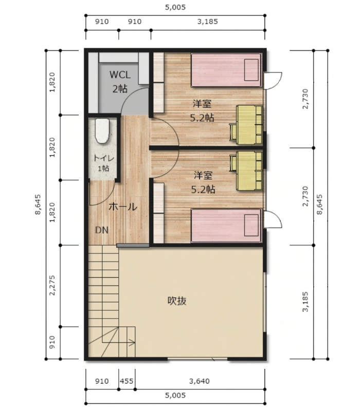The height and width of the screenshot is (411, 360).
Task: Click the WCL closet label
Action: tap(120, 74)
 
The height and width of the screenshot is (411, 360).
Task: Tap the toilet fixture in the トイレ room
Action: tap(102, 131)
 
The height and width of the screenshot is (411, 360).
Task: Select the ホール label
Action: tap(123, 207)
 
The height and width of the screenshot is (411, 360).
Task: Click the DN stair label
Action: tap(101, 230)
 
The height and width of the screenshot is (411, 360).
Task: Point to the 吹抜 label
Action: tap(177, 301)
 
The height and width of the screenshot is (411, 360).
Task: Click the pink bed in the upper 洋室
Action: tap(226, 70)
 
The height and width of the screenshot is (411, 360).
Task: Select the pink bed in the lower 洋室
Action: tap(226, 226)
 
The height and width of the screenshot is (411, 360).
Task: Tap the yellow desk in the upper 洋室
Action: tap(246, 125)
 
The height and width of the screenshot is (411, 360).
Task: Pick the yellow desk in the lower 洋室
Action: tap(246, 171)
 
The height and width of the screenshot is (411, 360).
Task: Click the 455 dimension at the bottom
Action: tap(127, 381)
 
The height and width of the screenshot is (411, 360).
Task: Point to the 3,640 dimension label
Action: tap(200, 381)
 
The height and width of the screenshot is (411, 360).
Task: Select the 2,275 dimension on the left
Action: tap(52, 285)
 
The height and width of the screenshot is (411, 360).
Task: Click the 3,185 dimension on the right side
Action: tap(305, 302)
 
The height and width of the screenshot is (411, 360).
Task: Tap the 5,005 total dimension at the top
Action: tap(175, 7)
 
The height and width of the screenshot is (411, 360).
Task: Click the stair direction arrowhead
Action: tap(133, 342)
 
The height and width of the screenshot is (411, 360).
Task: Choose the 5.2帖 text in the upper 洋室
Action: tap(202, 118)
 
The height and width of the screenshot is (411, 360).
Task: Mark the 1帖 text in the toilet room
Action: tap(103, 169)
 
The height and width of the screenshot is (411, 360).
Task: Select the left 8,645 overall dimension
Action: tap(38, 204)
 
